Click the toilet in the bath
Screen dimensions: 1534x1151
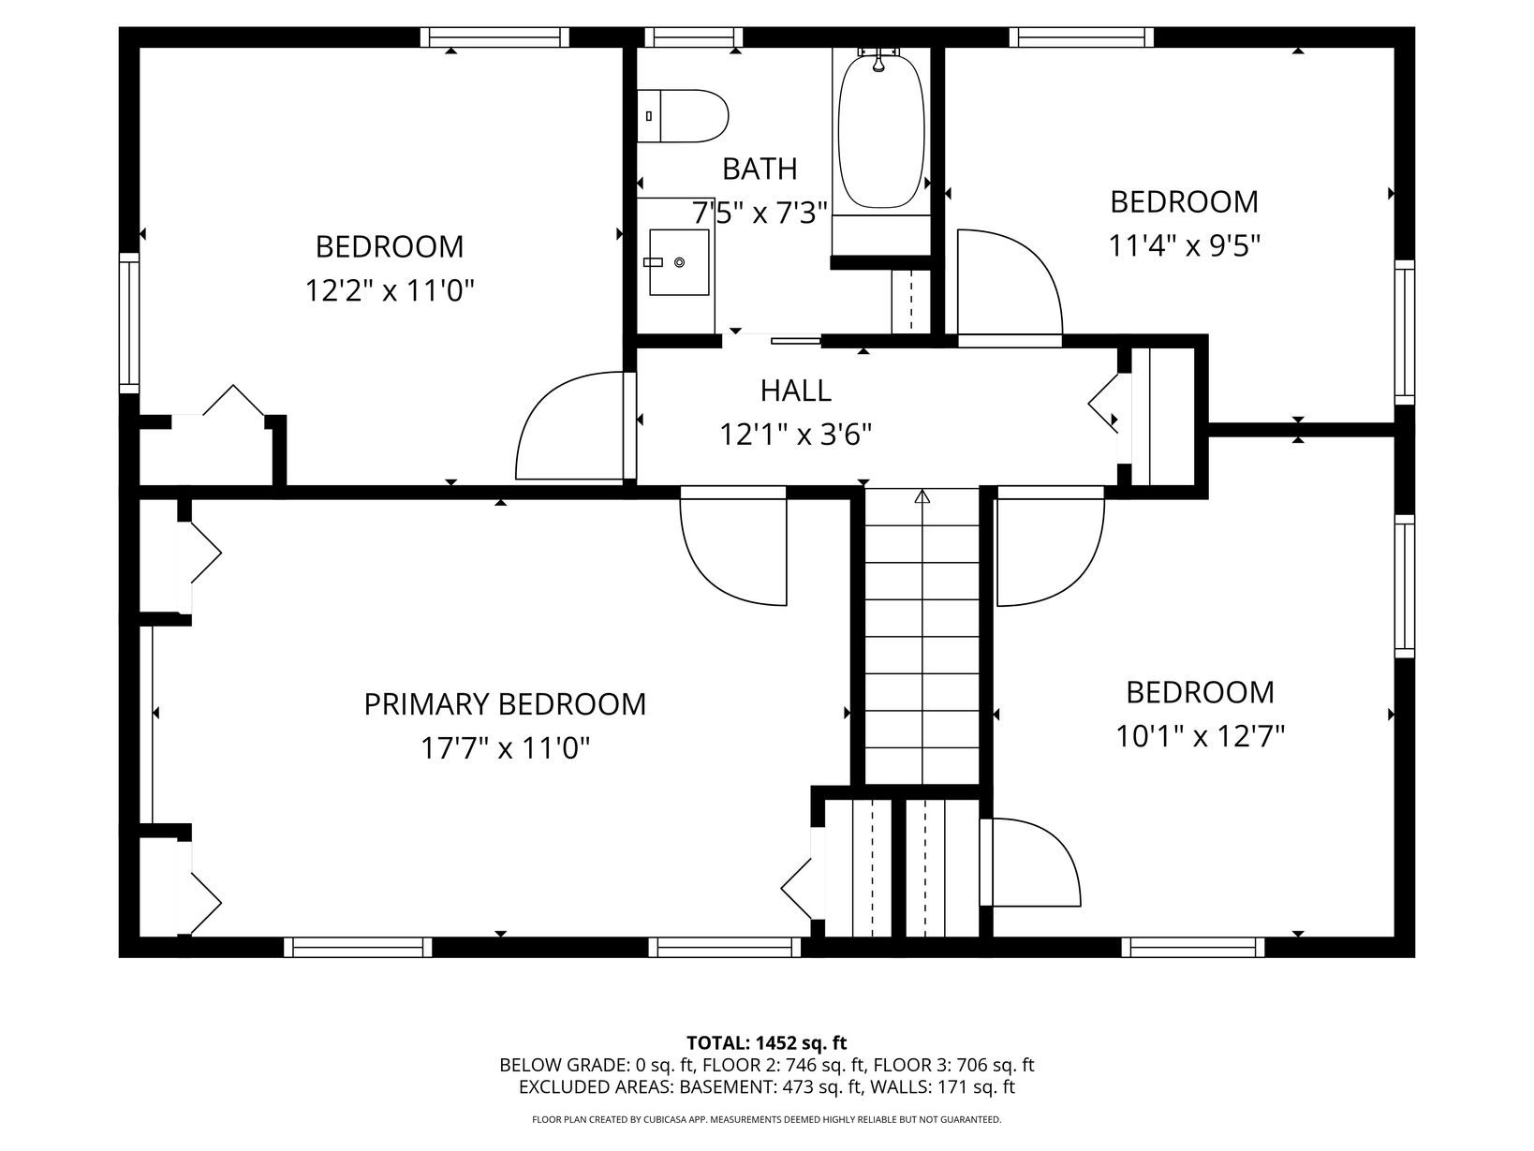pos(682,116)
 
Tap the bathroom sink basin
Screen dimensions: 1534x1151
pos(679,262)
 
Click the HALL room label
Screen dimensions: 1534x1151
pos(795,391)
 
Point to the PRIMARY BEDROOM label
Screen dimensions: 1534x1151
pos(505,703)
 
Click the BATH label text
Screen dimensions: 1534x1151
pos(760,170)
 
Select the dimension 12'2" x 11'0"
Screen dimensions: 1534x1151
pos(390,290)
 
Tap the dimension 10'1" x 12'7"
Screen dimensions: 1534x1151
pos(1200,737)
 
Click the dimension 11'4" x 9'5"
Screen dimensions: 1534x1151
pos(1185,246)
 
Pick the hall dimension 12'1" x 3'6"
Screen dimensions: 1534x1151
pos(796,435)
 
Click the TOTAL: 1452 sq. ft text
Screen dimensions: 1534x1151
pos(767,1043)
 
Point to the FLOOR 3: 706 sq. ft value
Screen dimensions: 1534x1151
pos(953,1066)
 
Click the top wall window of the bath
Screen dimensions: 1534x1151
pos(693,37)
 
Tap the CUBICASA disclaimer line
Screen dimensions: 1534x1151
pos(767,1120)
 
